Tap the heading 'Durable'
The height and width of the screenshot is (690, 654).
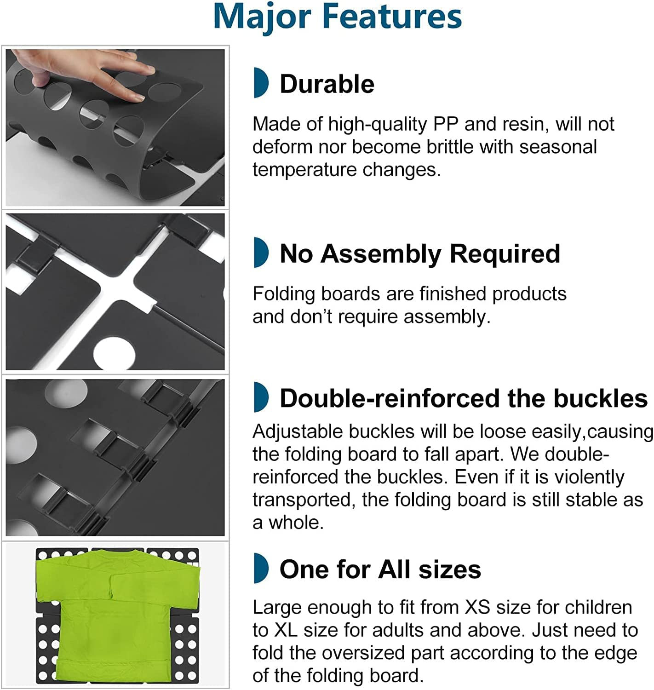tap(327, 84)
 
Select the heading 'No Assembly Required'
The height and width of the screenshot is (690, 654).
tap(419, 254)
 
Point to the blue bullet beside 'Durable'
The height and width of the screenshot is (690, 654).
tap(261, 82)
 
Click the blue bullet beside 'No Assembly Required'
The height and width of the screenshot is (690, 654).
tap(261, 253)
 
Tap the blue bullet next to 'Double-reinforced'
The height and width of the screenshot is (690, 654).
tap(261, 397)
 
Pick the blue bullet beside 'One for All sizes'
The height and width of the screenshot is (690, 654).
tap(261, 568)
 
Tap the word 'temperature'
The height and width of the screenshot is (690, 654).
tap(305, 170)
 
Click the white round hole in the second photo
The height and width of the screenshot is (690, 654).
tap(115, 354)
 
